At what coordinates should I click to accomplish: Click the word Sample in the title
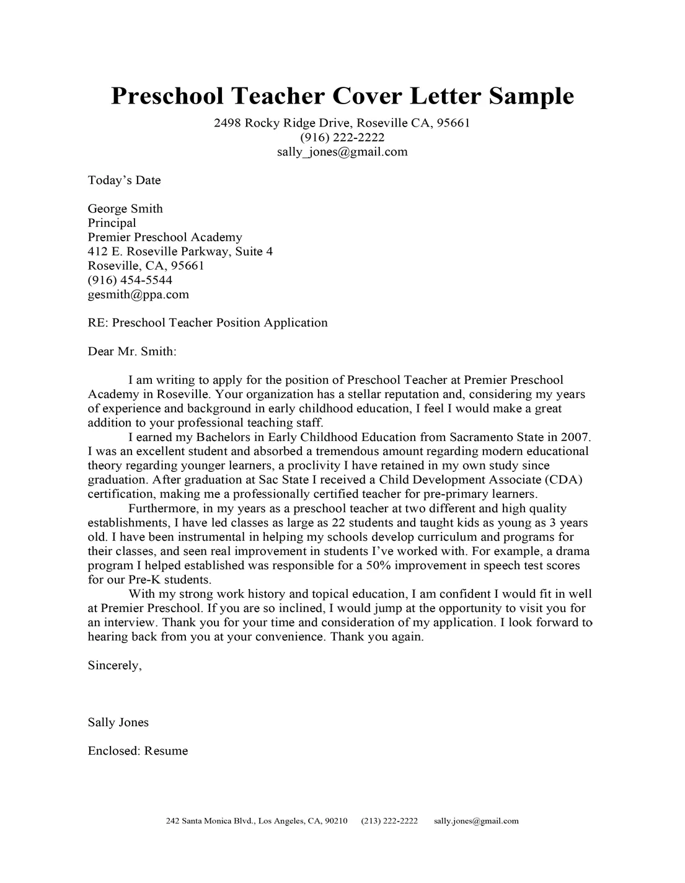(x=531, y=96)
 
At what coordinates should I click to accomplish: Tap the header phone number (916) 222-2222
(x=342, y=137)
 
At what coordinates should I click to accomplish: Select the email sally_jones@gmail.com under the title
(x=342, y=151)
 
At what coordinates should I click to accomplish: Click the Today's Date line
(x=124, y=180)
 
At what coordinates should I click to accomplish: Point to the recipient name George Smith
(x=125, y=208)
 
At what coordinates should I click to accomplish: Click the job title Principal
(x=112, y=223)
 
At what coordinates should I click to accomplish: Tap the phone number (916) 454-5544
(x=130, y=280)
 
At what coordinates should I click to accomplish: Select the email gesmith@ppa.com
(x=138, y=295)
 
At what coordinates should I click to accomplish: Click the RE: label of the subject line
(x=98, y=322)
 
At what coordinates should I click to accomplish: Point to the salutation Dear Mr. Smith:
(x=132, y=352)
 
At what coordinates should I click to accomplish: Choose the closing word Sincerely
(x=115, y=665)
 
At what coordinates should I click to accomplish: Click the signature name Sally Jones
(x=118, y=722)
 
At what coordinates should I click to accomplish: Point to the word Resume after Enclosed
(x=166, y=751)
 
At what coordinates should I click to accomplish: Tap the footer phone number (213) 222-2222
(x=389, y=821)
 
